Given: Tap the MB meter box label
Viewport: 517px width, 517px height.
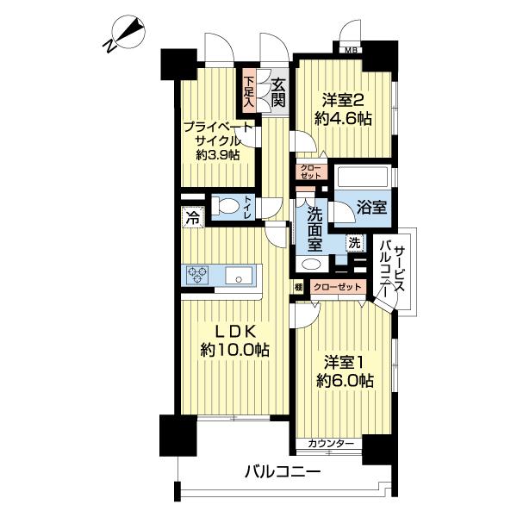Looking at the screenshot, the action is click(350, 51).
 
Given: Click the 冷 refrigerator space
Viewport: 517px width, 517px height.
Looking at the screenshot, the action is click(193, 218).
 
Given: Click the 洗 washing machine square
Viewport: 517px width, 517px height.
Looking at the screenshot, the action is click(355, 243).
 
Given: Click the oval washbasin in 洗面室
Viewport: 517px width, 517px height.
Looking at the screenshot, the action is click(311, 265).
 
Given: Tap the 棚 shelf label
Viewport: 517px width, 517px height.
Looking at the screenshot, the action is click(298, 288).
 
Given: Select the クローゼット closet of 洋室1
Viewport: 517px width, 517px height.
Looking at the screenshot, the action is click(338, 287).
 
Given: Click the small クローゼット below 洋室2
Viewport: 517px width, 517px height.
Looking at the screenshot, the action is click(311, 172).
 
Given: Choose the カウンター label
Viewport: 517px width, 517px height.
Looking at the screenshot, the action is click(331, 444).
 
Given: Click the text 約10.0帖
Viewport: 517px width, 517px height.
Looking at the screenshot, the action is click(235, 351).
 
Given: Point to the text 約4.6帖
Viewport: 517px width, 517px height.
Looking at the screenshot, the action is click(343, 119).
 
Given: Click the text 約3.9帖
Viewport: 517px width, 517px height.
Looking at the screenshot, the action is click(218, 154).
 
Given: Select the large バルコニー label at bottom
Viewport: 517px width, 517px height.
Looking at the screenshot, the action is click(283, 472).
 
